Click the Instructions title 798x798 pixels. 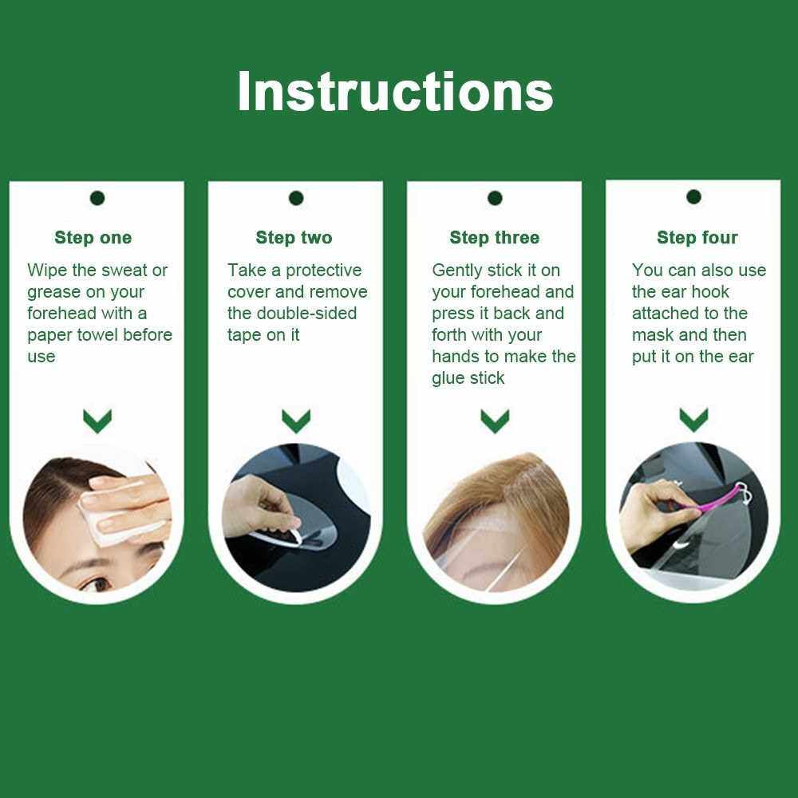[x=395, y=92]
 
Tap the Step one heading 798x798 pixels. [x=93, y=238]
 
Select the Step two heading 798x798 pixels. [x=294, y=238]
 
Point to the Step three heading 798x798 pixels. [x=494, y=238]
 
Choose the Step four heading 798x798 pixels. [x=697, y=238]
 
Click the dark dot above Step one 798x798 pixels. [x=97, y=198]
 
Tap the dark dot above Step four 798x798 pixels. [x=693, y=196]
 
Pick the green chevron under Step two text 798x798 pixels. [x=296, y=421]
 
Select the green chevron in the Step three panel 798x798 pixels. [x=495, y=421]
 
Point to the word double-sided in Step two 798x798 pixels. [x=306, y=314]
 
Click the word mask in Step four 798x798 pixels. [x=653, y=335]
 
